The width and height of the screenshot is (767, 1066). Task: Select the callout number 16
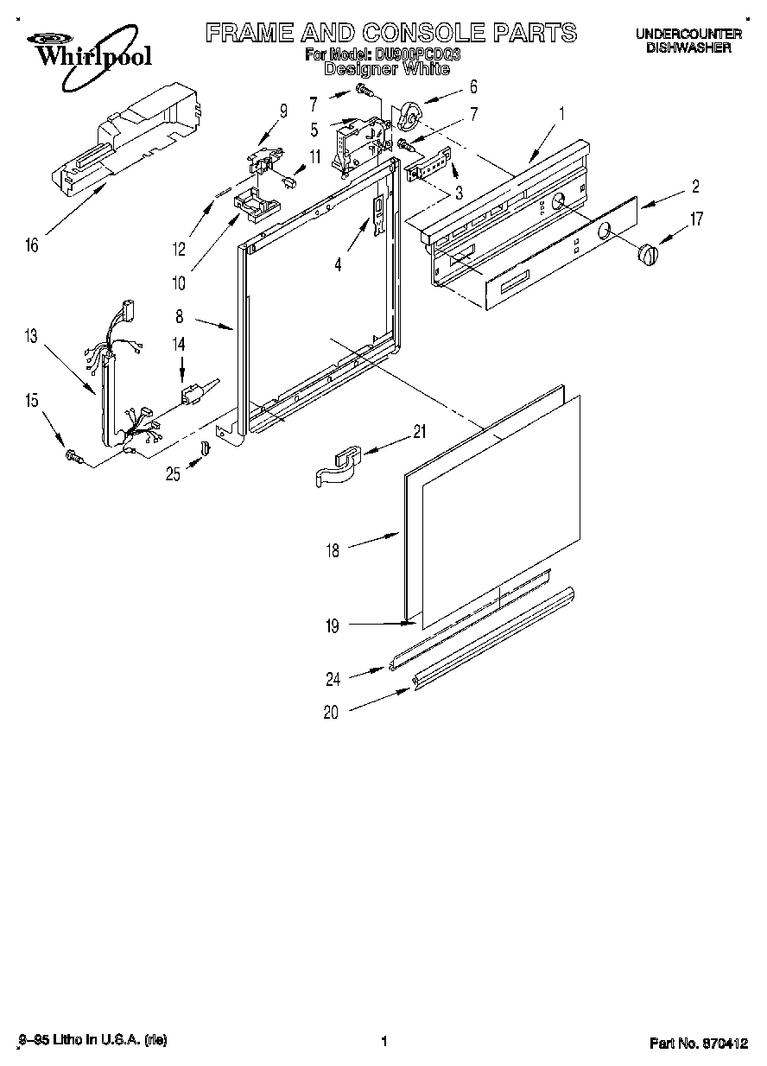tap(32, 245)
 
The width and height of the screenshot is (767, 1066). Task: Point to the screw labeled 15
tap(73, 456)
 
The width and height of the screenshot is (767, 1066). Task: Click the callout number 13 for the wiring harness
tap(32, 336)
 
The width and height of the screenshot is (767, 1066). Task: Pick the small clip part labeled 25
tap(206, 447)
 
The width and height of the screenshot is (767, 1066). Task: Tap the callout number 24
tap(333, 679)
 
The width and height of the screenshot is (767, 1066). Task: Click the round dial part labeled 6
tap(409, 114)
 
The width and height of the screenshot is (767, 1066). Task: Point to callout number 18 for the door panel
tap(333, 549)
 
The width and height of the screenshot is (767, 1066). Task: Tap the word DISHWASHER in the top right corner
tap(688, 48)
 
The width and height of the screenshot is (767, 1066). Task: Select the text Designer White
tap(386, 68)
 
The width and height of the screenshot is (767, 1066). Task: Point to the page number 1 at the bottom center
tap(383, 1042)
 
